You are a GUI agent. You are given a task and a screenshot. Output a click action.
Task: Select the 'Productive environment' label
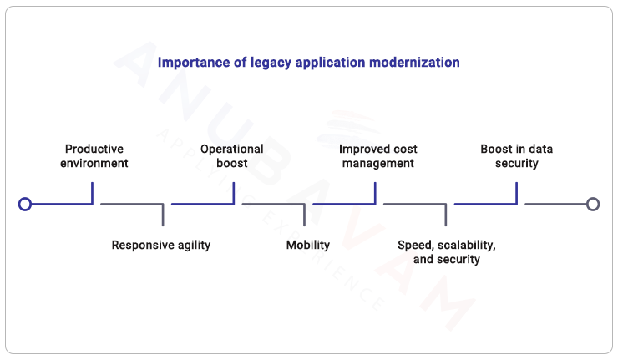coord(94,156)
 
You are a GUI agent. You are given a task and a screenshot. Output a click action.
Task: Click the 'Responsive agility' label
coord(161,246)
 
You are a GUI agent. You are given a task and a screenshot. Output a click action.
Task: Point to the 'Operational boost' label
coord(232,156)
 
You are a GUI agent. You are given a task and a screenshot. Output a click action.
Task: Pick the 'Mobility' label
coord(308,246)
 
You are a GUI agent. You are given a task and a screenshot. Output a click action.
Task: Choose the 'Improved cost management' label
coord(377,156)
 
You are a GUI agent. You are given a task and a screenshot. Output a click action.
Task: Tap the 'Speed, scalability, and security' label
coord(447,252)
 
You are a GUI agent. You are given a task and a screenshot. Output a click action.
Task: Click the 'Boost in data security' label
coord(516,156)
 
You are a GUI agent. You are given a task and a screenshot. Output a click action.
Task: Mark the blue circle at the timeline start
coord(25,204)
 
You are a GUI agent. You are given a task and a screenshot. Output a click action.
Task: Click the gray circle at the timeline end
coord(593,204)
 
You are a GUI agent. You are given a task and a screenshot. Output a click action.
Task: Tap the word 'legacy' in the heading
coord(266,63)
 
